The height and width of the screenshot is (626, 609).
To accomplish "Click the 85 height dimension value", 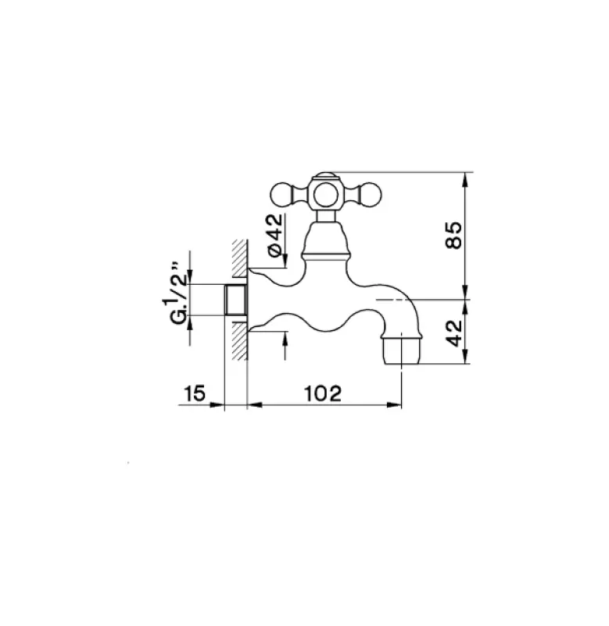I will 457,235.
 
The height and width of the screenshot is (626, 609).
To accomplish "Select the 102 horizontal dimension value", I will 324,394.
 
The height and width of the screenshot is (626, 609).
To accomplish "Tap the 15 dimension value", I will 195,394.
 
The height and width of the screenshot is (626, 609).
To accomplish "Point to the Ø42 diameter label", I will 274,235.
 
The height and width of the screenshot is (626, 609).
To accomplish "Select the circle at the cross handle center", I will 326,193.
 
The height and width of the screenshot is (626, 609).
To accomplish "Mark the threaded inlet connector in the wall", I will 235,300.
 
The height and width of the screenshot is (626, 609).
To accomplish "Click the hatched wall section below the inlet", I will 239,340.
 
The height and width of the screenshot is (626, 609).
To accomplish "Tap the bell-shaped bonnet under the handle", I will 326,239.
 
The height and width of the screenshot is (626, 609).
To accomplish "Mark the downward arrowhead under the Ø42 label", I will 285,261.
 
